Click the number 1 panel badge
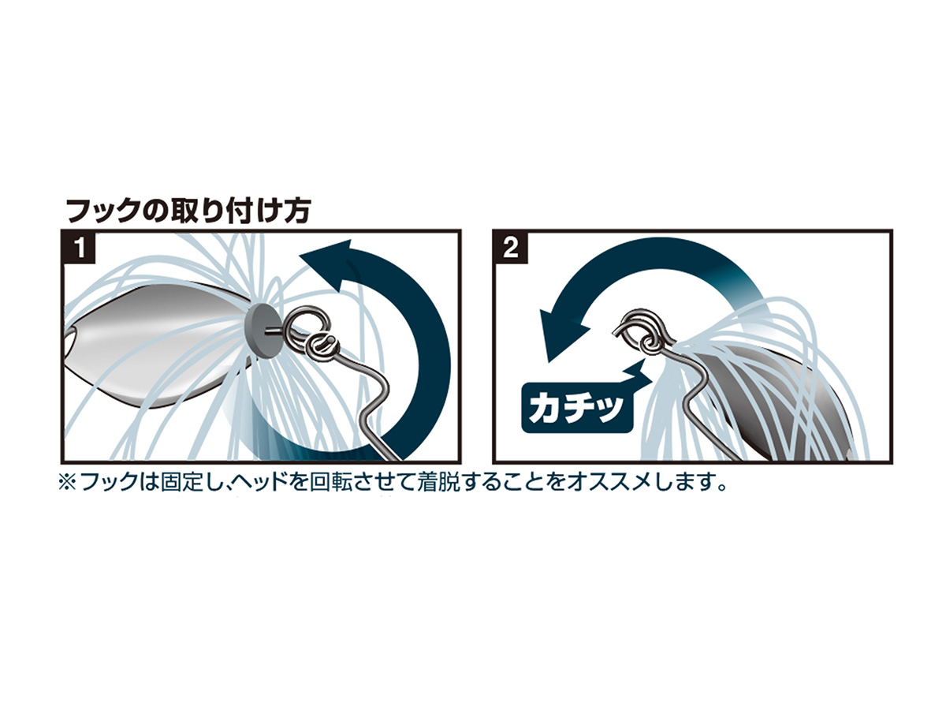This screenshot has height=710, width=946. coord(80,248)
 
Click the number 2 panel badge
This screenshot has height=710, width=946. coord(511,248)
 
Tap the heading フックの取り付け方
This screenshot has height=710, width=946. coord(188,211)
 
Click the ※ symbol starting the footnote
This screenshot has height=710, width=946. coord(68,482)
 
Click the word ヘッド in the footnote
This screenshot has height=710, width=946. coord(264,482)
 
